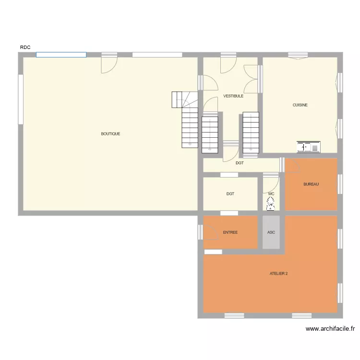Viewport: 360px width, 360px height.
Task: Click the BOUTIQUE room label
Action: click(110, 134)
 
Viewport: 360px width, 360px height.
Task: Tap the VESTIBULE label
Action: click(233, 96)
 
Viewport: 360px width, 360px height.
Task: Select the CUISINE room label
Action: click(300, 105)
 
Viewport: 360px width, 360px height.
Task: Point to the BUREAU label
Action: click(311, 184)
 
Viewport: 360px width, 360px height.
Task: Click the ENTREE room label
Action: click(230, 232)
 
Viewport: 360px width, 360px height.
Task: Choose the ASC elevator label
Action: click(271, 232)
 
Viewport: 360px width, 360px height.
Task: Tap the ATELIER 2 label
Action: click(278, 274)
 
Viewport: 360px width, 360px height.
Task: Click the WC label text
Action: click(271, 194)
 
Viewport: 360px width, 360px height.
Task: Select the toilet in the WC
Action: click(271, 205)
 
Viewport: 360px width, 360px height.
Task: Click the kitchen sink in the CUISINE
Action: click(308, 147)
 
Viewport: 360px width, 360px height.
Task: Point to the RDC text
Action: click(25, 47)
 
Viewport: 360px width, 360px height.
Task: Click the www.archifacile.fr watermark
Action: click(330, 329)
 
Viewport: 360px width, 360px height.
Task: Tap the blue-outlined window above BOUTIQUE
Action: click(61, 55)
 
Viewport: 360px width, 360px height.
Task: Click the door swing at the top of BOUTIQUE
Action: click(109, 66)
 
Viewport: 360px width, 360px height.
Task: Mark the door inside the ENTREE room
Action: click(211, 232)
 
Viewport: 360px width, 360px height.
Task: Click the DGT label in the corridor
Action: click(240, 163)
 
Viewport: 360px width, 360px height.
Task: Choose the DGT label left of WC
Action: click(230, 194)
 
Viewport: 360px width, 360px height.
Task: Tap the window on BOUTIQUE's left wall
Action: click(21, 98)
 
